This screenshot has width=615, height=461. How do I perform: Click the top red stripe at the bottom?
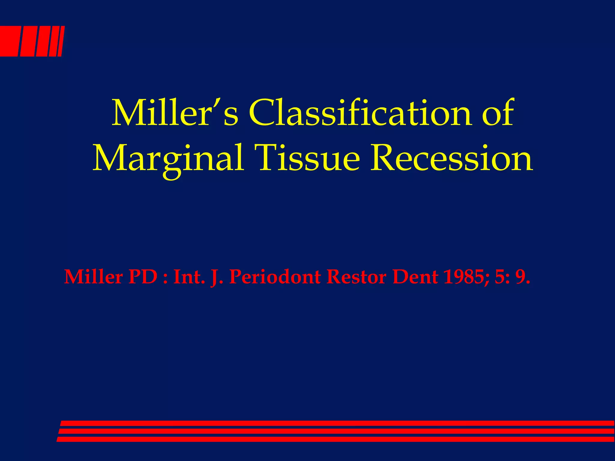click(x=336, y=423)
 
